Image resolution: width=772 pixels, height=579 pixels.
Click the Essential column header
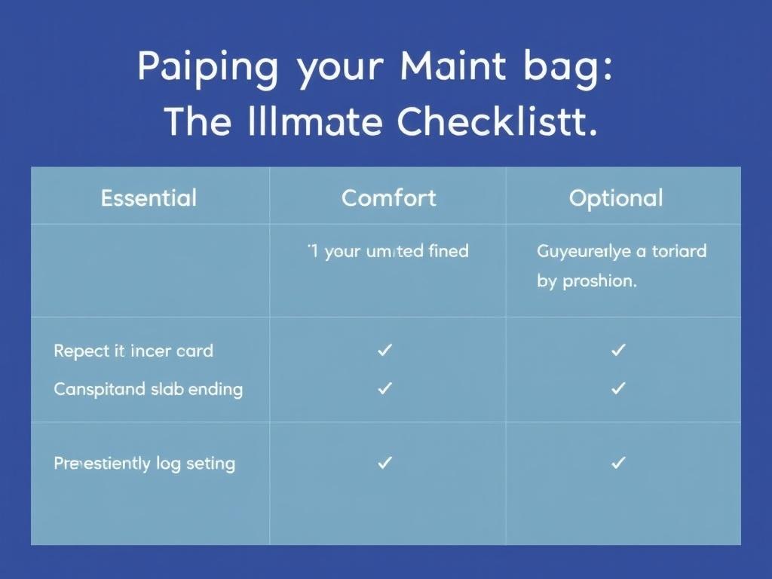point(149,198)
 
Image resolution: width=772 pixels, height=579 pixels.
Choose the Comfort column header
point(388,198)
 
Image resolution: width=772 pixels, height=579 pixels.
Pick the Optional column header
point(616,198)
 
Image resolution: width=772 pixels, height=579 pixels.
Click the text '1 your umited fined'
point(388,251)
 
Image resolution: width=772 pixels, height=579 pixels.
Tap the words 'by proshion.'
point(587,282)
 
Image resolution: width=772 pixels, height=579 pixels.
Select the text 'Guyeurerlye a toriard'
point(621,251)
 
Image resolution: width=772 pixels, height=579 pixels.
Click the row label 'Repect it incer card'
point(133,351)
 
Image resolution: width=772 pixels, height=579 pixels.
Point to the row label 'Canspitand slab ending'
point(148,390)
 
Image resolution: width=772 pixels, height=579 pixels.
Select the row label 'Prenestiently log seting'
point(144,464)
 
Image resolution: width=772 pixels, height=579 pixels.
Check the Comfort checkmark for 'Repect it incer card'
point(385,350)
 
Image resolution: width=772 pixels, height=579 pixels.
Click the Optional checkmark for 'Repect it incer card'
point(619,350)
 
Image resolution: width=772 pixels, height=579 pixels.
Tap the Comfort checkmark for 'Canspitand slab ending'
point(385,388)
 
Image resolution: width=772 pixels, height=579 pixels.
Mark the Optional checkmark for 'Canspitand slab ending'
point(619,388)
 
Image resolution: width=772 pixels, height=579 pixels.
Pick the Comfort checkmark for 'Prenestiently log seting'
point(385,463)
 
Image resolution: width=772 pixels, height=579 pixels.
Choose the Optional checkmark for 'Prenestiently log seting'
point(619,463)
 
